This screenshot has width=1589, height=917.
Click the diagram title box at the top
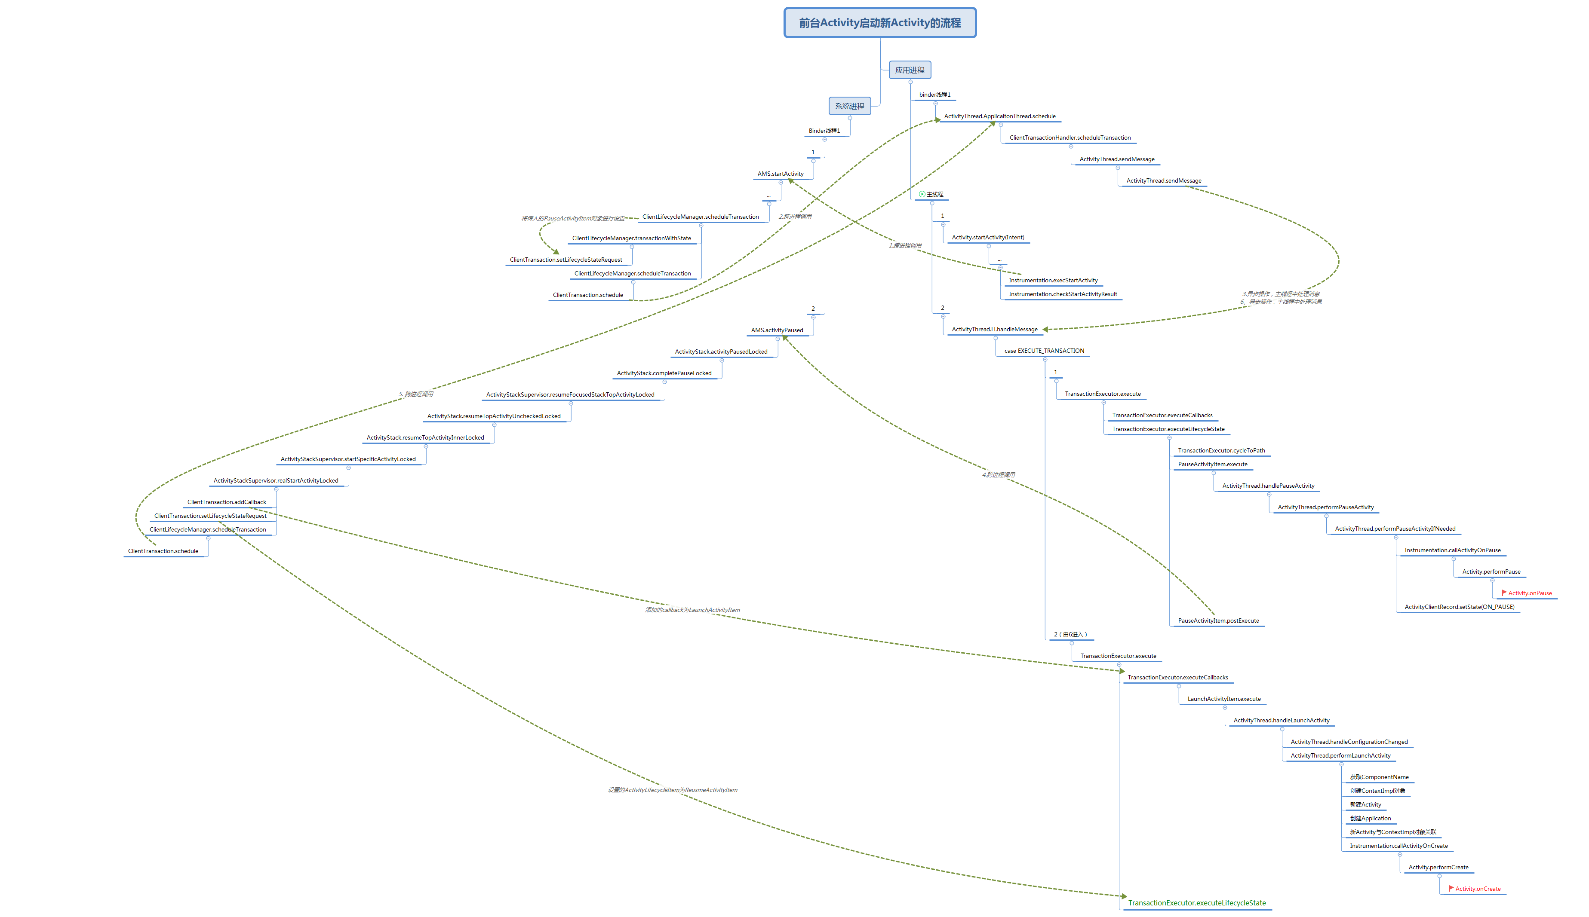tap(879, 23)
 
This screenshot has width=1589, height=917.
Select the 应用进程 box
tap(909, 70)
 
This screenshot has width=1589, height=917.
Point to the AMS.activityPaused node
tap(777, 330)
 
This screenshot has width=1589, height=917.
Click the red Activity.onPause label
tap(1529, 593)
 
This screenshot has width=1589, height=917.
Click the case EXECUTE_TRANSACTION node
tap(1044, 351)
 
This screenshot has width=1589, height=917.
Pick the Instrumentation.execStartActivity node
tap(1053, 280)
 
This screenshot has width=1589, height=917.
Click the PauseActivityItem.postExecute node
tap(1218, 621)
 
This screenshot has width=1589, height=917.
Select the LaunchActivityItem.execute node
tap(1223, 699)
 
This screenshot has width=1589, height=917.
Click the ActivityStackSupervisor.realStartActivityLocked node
tap(276, 480)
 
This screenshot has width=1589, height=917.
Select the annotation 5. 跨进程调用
tap(415, 394)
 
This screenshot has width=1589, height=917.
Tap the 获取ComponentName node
tap(1378, 777)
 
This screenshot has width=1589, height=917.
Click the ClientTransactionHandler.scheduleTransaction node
tap(1070, 138)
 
